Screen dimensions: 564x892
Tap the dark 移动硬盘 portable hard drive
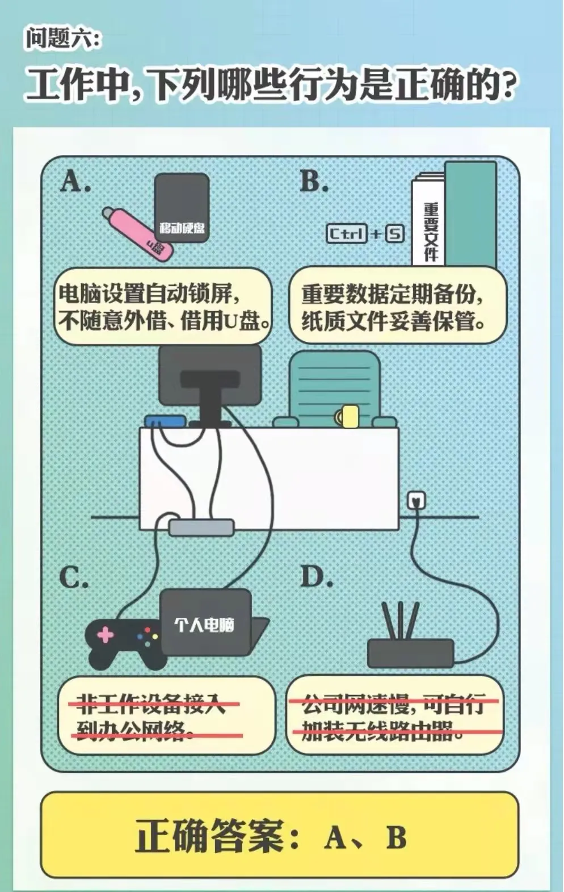pos(182,207)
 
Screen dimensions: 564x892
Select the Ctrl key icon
pos(346,234)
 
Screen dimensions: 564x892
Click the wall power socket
pos(416,500)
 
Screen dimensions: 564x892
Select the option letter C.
pos(74,577)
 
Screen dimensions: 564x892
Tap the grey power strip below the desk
pos(201,527)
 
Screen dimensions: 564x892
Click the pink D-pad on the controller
pos(106,635)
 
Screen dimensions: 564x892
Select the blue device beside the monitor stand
pos(165,421)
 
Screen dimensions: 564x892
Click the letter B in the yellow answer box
pos(397,837)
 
